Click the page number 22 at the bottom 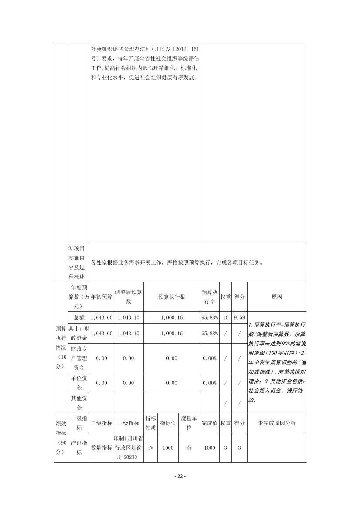(x=180, y=476)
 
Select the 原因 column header (x=277, y=297)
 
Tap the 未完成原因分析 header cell (x=277, y=423)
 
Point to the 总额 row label (x=79, y=317)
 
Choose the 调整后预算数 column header (x=128, y=297)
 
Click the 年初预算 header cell (x=102, y=297)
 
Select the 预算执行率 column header (x=209, y=297)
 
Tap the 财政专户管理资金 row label (x=79, y=358)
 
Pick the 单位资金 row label (x=79, y=383)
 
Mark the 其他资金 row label (x=79, y=403)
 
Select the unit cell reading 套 (x=189, y=448)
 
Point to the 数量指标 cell (x=102, y=448)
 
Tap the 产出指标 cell (x=79, y=448)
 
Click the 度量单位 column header (x=189, y=423)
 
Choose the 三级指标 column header (x=128, y=423)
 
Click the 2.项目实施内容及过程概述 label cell (x=79, y=263)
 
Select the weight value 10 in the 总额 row (x=225, y=317)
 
